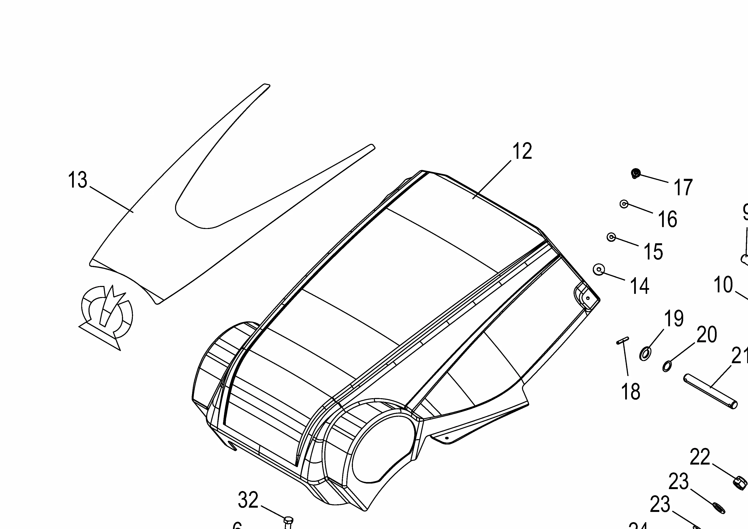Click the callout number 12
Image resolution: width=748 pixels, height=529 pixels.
(522, 151)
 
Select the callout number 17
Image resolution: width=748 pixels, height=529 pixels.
(683, 187)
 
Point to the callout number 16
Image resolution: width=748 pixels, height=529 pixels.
(668, 219)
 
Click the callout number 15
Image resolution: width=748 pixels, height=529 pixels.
(653, 252)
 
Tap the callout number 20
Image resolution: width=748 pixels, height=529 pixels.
(707, 335)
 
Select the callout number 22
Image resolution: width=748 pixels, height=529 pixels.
(700, 457)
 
